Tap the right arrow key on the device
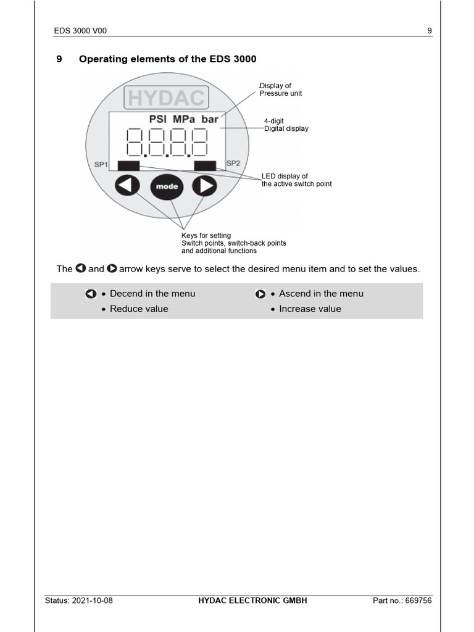point(205,186)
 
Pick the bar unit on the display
point(210,119)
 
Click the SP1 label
point(101,165)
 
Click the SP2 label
point(233,164)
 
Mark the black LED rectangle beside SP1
point(128,165)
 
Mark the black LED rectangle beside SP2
point(205,165)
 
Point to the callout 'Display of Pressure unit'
point(281,89)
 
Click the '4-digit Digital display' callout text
point(286,125)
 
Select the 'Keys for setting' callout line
point(206,235)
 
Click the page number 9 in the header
point(430,31)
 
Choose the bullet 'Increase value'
point(310,309)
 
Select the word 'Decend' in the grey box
point(126,294)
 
